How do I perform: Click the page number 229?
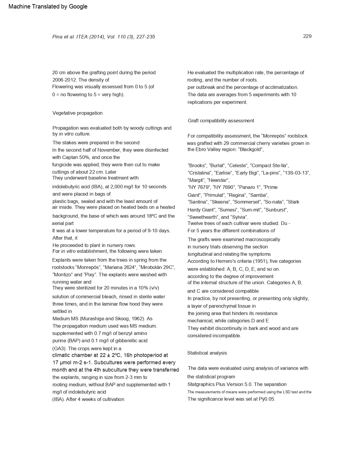click(x=307, y=36)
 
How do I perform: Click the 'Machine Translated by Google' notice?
click(x=48, y=6)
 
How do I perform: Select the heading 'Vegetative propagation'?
click(x=77, y=113)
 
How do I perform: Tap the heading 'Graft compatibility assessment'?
click(x=221, y=121)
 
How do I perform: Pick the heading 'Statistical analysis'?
click(x=207, y=353)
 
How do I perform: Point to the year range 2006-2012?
click(x=64, y=80)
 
